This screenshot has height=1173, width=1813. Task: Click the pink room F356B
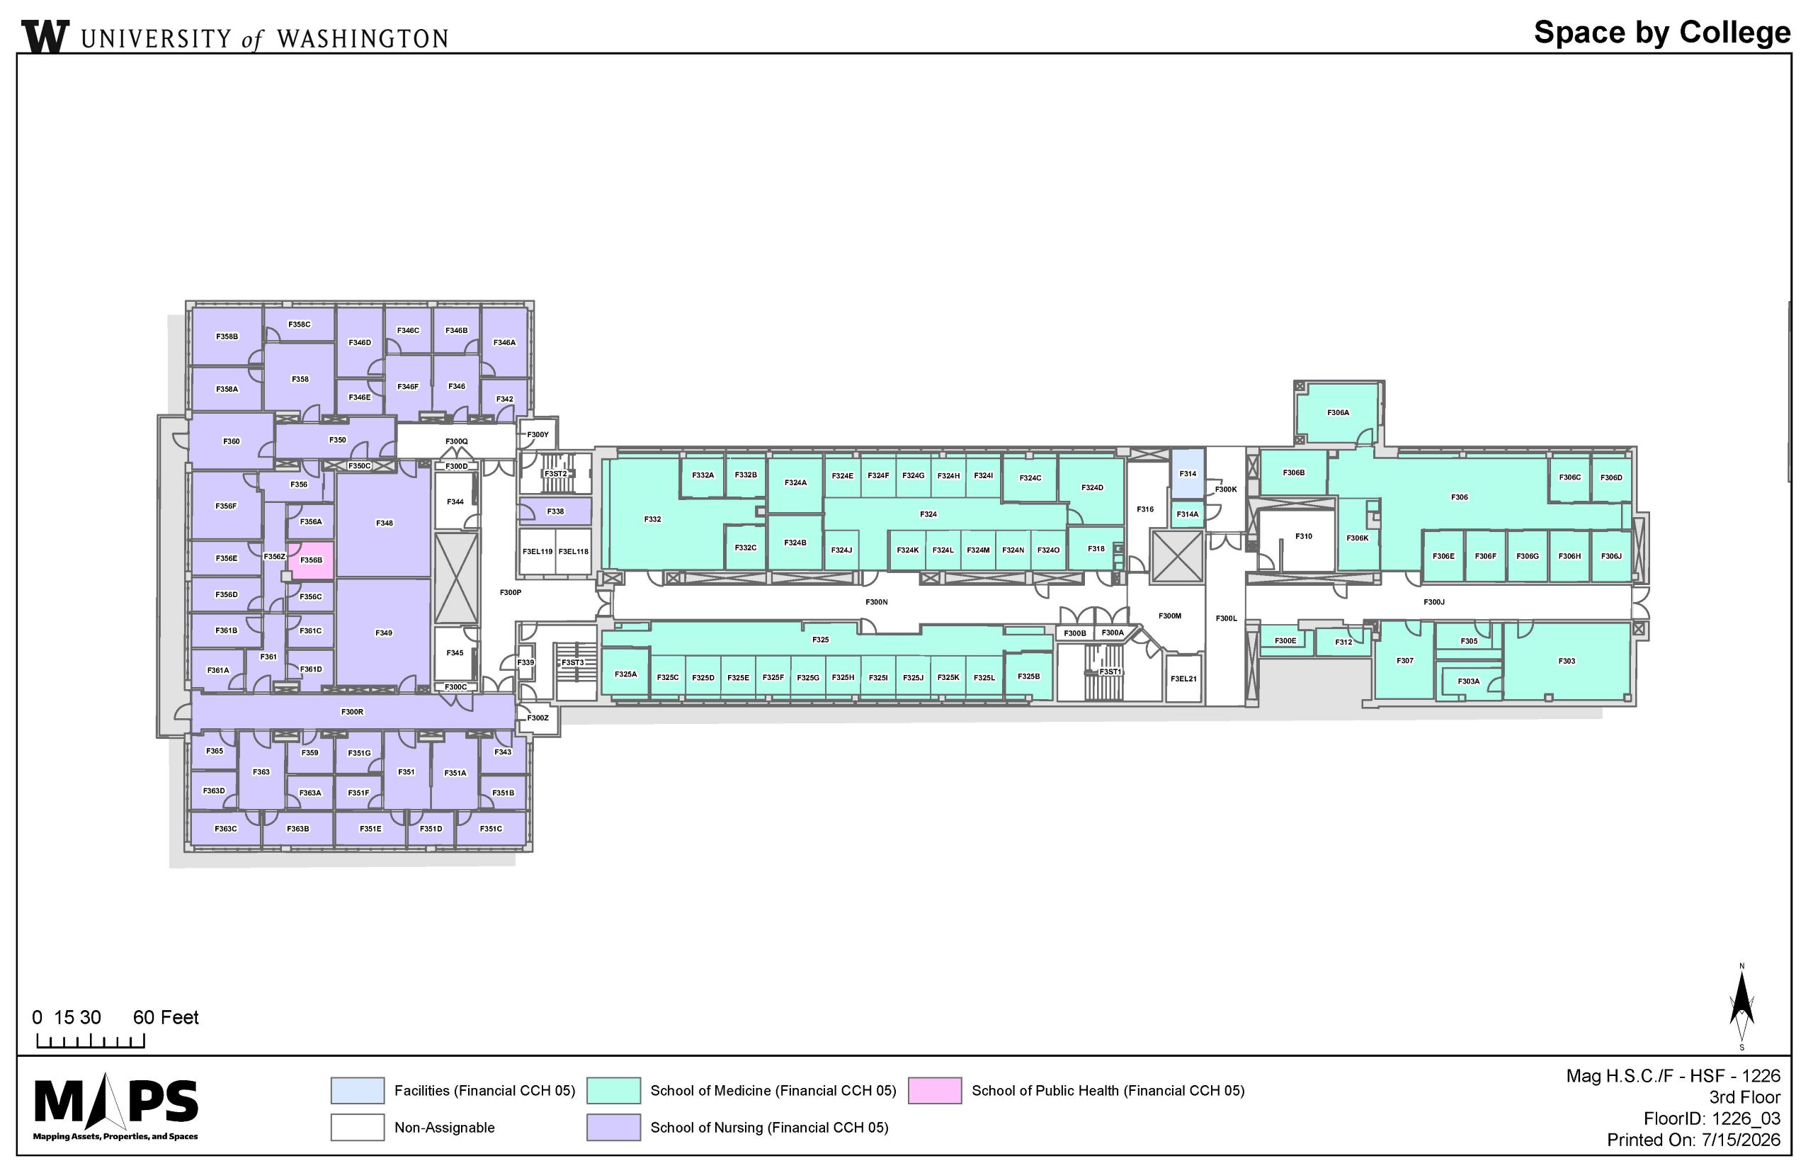311,560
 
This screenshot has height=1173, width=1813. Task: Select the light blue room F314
1187,473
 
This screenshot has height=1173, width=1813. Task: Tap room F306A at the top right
1338,413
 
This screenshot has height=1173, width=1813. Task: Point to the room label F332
652,519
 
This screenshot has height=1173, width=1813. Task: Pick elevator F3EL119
538,550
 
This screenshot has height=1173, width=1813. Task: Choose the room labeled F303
1567,660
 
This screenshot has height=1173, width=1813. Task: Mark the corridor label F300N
877,602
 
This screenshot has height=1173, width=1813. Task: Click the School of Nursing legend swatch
613,1127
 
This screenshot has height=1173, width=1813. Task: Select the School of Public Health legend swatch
934,1090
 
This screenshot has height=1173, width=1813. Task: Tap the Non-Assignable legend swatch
357,1127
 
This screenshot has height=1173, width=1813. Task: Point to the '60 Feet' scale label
165,1018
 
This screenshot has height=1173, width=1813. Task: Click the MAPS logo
115,1108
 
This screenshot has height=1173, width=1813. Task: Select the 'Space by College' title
1662,33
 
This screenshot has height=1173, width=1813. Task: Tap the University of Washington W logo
46,36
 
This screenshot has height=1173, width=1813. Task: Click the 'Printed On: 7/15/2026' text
1693,1140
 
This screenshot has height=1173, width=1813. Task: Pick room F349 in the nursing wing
384,633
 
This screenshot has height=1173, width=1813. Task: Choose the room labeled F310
1304,536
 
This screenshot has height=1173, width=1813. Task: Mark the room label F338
555,511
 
